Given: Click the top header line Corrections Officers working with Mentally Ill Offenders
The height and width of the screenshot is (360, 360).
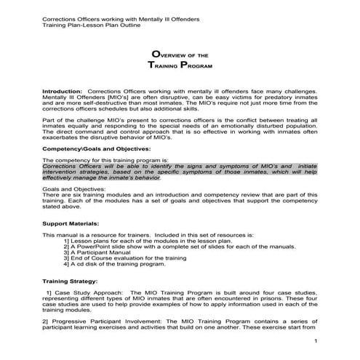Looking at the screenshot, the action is (110, 18).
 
